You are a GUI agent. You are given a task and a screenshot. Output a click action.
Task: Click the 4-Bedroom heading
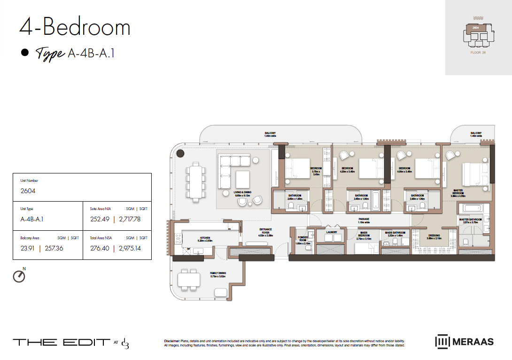tap(75, 28)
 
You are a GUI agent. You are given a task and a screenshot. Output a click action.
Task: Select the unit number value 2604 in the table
tap(28, 191)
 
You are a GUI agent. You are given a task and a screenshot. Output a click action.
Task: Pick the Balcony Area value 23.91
tap(28, 248)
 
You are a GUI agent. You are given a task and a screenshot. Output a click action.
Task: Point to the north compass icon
tap(19, 276)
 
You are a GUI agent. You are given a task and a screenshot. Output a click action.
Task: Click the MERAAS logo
tap(465, 341)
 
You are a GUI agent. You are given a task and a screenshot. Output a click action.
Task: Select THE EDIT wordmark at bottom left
tap(61, 342)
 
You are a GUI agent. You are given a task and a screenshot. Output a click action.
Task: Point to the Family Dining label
tap(217, 274)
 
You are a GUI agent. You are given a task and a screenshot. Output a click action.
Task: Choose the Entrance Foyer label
tap(266, 231)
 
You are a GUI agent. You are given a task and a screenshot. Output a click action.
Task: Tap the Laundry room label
tap(332, 232)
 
